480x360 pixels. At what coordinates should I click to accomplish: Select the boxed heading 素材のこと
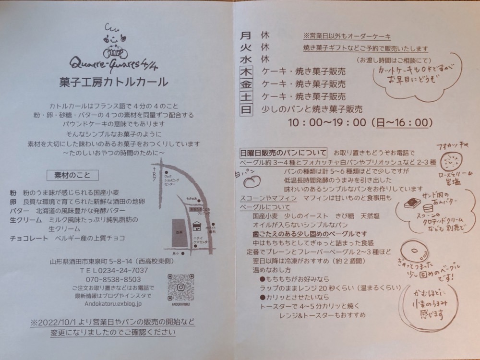[x=72, y=175]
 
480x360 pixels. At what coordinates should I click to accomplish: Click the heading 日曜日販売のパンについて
[x=283, y=153]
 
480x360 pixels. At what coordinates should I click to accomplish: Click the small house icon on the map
[x=196, y=227]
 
